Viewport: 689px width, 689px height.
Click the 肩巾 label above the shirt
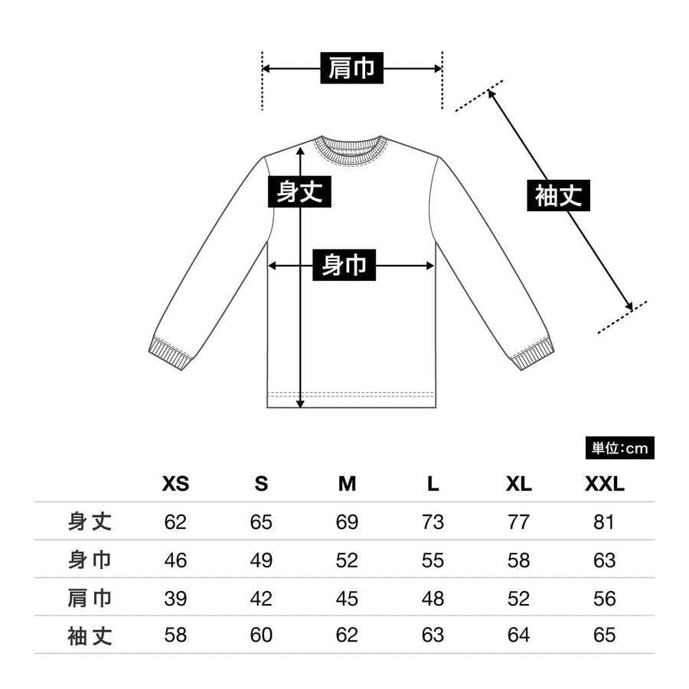351,69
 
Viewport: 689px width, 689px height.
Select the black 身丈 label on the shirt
299,191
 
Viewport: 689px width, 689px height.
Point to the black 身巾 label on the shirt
344,266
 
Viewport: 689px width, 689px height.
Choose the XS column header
175,484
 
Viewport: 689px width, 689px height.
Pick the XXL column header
604,484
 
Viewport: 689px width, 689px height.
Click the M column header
347,484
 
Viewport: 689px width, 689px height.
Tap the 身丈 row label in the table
90,522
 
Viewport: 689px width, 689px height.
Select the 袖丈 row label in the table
90,635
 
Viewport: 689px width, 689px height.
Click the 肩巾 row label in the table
90,598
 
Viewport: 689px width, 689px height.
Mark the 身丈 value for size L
433,522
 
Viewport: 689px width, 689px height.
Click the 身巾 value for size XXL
604,560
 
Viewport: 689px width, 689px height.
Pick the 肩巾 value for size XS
175,598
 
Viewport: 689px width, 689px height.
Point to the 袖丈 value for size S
261,635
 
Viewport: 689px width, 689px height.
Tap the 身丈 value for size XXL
604,522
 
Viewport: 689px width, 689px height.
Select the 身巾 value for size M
347,560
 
